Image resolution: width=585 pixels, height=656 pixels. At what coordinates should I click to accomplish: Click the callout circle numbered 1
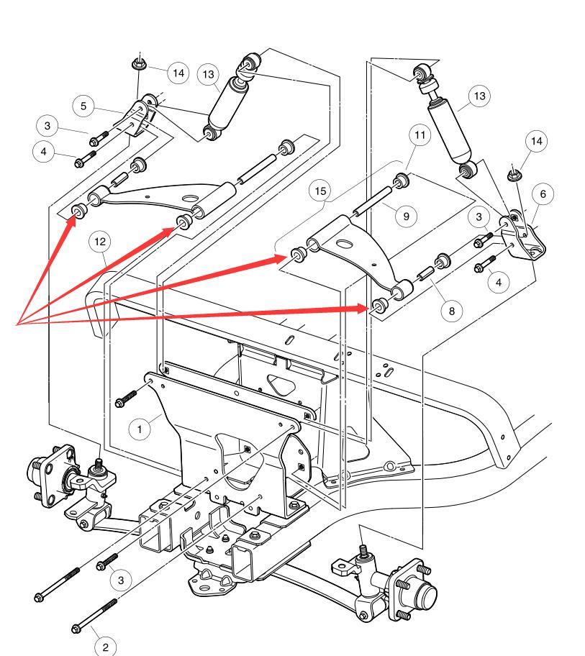[x=140, y=429]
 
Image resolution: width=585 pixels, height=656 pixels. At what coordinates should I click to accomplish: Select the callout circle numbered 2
[x=105, y=647]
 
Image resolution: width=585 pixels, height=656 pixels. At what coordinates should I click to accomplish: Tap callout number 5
[x=83, y=106]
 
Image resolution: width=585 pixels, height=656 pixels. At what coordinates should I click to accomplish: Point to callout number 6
[x=543, y=193]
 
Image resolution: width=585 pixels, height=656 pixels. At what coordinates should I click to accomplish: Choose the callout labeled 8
[x=452, y=310]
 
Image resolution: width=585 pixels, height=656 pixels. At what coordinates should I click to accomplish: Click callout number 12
[x=99, y=242]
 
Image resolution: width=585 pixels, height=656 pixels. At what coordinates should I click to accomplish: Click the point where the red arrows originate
[x=16, y=324]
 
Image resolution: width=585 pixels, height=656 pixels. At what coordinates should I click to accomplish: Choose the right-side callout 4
[x=499, y=282]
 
